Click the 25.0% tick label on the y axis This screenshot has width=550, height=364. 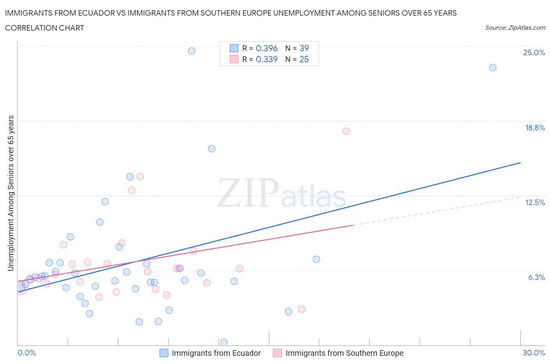point(534,53)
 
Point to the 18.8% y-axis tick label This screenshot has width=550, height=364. point(535,128)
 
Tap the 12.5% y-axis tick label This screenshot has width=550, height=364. point(535,202)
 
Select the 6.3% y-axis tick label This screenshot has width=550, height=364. point(536,277)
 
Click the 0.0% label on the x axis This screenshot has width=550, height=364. point(27,353)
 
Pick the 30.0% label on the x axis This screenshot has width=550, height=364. point(534,353)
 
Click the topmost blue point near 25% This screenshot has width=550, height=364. point(192,51)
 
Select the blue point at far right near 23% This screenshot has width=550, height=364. point(493,67)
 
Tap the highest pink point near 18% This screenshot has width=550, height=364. point(346,131)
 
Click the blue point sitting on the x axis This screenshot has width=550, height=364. point(224,342)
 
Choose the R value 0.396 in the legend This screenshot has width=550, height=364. point(266,48)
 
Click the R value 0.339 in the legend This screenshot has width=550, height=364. point(266,59)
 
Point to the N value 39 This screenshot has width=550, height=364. point(304,48)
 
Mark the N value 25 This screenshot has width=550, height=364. point(304,59)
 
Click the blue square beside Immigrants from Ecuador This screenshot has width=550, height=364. point(164,353)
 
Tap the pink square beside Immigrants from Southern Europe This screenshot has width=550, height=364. point(277,353)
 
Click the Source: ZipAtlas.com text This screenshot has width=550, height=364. point(515,28)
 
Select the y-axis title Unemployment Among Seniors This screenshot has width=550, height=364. point(11,193)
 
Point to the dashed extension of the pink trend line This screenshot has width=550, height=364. point(438,211)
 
